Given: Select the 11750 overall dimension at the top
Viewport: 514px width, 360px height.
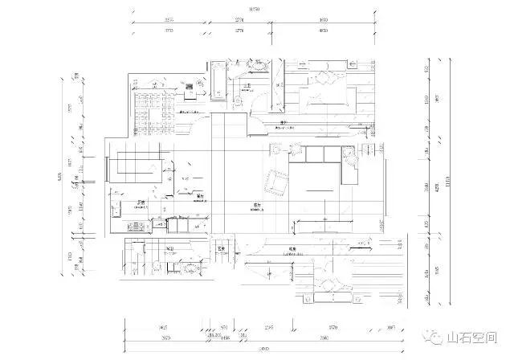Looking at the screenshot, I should coord(255,8).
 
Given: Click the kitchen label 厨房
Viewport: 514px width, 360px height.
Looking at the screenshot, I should coord(140,202).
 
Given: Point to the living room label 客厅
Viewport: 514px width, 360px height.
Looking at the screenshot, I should coord(256,206).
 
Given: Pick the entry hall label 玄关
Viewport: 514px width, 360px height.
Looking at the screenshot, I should coord(218,249).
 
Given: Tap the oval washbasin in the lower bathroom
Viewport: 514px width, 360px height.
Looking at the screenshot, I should coord(190,268).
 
